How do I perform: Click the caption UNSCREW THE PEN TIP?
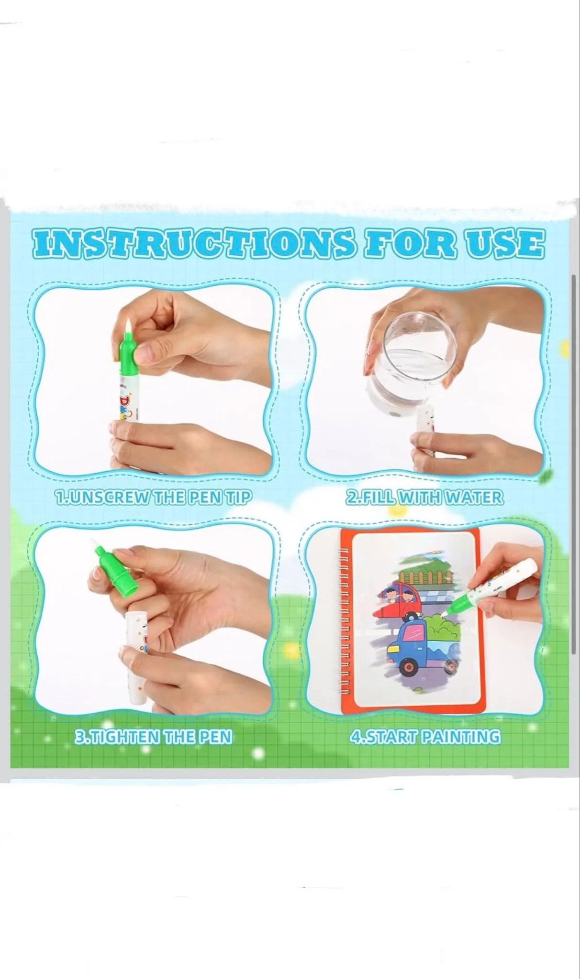click(153, 498)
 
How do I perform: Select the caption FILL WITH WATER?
click(424, 498)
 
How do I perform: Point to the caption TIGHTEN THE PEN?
click(153, 737)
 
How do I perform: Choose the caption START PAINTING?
click(425, 737)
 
